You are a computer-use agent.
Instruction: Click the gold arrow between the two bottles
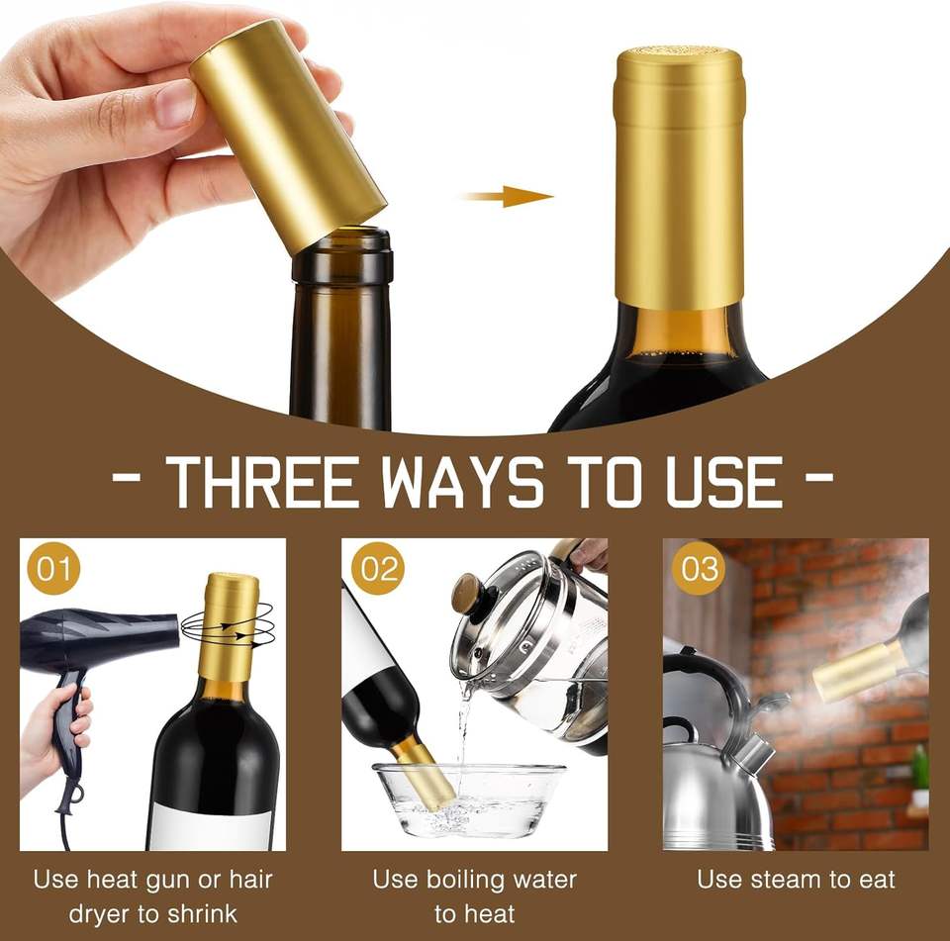point(508,196)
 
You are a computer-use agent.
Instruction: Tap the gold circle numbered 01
point(53,568)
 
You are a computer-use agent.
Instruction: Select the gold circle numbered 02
point(378,568)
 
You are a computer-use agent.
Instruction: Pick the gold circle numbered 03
point(700,568)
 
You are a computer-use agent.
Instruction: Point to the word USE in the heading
point(724,481)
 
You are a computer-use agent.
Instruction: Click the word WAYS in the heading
point(462,481)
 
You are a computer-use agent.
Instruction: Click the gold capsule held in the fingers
point(288,137)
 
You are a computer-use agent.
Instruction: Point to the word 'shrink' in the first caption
point(202,913)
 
